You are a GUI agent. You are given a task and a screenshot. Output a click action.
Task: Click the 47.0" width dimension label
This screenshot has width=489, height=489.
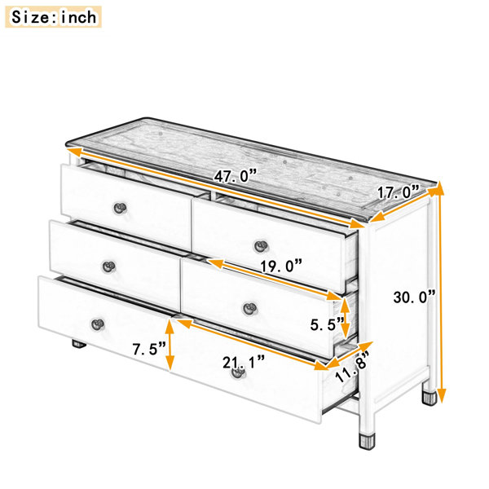(235, 176)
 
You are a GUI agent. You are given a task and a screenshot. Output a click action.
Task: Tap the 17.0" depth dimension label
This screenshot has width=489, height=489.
(399, 192)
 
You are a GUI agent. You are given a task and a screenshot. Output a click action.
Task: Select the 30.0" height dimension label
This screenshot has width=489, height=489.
(414, 297)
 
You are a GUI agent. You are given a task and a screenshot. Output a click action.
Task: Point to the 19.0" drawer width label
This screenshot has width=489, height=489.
(281, 266)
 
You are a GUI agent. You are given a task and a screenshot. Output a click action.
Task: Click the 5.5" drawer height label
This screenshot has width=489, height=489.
(327, 325)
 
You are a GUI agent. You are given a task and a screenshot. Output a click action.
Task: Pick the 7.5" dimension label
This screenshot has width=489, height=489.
(149, 349)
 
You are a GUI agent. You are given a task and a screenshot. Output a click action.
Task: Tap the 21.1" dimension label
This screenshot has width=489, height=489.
(244, 363)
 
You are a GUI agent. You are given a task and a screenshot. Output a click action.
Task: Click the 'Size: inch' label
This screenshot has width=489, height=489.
(53, 17)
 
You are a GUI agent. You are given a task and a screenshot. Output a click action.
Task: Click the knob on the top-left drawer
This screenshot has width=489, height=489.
(120, 208)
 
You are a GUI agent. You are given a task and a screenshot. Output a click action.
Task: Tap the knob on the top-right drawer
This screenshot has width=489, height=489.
(261, 246)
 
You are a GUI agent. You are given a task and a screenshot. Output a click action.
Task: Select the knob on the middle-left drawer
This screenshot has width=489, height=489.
(109, 267)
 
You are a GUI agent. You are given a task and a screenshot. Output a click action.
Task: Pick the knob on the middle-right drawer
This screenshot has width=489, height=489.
(250, 309)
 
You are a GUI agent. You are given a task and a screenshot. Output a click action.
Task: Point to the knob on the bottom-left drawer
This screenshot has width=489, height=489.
(98, 324)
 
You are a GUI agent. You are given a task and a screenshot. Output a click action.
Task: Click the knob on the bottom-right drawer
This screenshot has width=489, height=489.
(238, 372)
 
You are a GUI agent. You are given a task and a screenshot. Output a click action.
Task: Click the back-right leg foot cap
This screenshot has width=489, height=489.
(430, 398)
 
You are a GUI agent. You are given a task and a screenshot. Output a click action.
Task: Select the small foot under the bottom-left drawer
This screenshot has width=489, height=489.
(79, 344)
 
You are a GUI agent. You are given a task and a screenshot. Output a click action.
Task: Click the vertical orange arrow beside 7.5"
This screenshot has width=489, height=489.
(170, 345)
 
